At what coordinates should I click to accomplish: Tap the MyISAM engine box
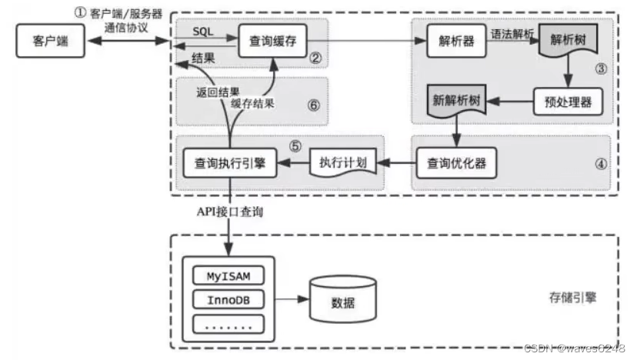pos(228,275)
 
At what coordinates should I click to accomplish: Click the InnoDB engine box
pos(228,298)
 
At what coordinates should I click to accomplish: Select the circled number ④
pos(601,163)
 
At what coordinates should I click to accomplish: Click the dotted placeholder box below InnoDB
pos(228,324)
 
